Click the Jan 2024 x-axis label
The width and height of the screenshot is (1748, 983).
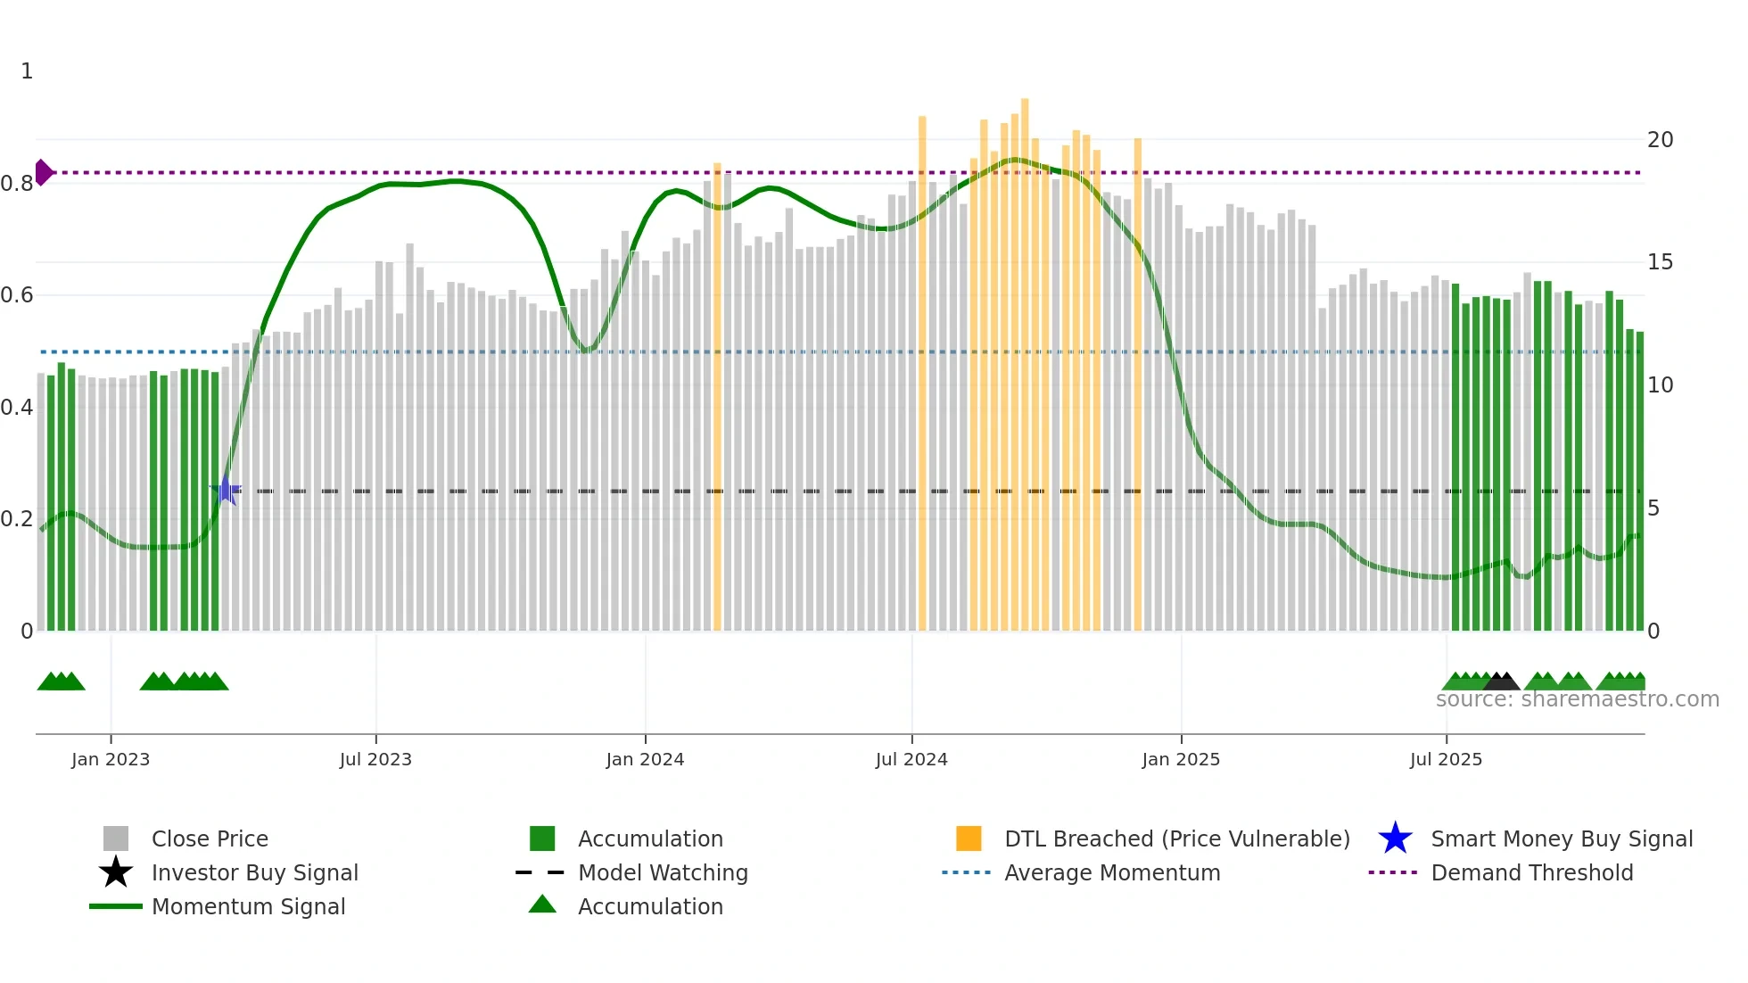click(x=645, y=759)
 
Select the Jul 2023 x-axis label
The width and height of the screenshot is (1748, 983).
click(x=375, y=759)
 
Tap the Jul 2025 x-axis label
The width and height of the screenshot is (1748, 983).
click(x=1446, y=759)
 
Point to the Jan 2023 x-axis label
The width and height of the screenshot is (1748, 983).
click(x=111, y=759)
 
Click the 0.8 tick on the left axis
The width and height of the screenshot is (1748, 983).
click(x=17, y=184)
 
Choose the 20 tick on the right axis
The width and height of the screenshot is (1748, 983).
click(x=1660, y=140)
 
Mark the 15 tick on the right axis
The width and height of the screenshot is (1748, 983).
click(x=1660, y=262)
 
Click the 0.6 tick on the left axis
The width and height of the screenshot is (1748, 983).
click(x=17, y=295)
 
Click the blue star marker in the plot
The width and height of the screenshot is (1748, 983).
click(x=227, y=490)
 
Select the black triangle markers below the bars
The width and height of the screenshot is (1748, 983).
click(x=1502, y=681)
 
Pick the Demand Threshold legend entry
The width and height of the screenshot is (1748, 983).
click(x=1531, y=872)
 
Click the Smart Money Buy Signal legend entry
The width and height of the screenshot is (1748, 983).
click(x=1561, y=838)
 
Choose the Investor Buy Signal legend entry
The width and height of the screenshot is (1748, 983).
click(x=254, y=872)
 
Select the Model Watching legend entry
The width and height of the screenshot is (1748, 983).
click(x=662, y=872)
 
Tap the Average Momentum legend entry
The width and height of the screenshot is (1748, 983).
click(x=1111, y=872)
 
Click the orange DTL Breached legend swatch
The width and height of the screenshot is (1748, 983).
click(x=969, y=838)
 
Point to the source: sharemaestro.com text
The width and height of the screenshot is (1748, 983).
click(x=1577, y=699)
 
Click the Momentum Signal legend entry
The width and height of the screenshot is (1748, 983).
click(x=248, y=906)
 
